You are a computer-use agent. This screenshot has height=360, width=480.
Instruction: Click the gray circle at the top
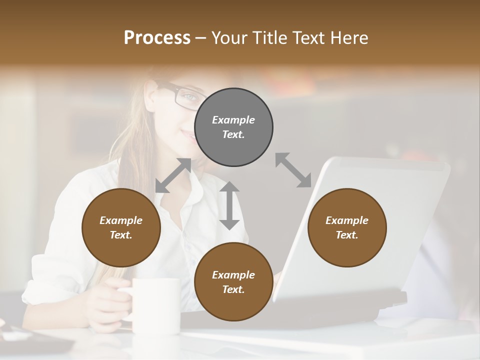pyautogui.click(x=233, y=127)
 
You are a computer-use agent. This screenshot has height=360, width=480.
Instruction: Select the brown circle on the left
pyautogui.click(x=121, y=227)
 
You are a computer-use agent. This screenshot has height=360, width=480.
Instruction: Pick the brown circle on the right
pyautogui.click(x=347, y=227)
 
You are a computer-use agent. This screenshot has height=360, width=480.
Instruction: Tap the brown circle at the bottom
pyautogui.click(x=233, y=282)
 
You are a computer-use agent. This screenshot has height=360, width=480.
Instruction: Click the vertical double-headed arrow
pyautogui.click(x=229, y=205)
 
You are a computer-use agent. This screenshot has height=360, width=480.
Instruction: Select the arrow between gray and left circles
pyautogui.click(x=173, y=175)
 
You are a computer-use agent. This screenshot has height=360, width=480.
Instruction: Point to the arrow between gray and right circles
pyautogui.click(x=293, y=170)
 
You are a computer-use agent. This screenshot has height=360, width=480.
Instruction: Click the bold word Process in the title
pyautogui.click(x=157, y=37)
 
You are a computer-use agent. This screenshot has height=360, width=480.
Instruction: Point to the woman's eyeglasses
pyautogui.click(x=181, y=95)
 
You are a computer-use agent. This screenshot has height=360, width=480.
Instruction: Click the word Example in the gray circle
pyautogui.click(x=233, y=120)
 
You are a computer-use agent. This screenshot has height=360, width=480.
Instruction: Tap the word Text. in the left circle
pyautogui.click(x=121, y=235)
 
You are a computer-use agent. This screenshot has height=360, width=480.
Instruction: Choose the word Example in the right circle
pyautogui.click(x=347, y=220)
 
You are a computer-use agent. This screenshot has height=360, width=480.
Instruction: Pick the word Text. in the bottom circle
pyautogui.click(x=233, y=289)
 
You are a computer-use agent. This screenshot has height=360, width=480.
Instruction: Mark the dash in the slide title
pyautogui.click(x=201, y=38)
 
